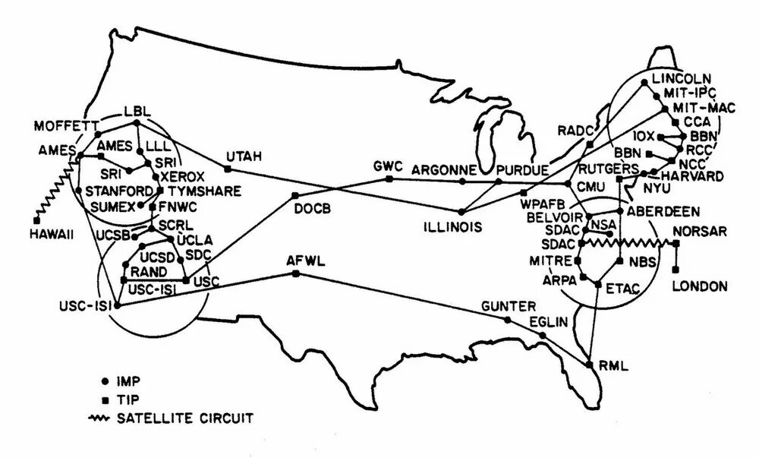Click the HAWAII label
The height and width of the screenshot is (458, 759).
click(x=52, y=235)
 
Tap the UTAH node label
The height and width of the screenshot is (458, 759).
click(x=244, y=156)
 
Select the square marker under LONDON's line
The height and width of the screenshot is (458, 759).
click(x=676, y=268)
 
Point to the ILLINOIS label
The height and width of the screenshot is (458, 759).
click(x=452, y=226)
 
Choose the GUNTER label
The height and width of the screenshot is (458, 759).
click(x=503, y=306)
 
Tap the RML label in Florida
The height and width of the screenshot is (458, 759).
click(x=613, y=366)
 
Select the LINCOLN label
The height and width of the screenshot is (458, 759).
click(x=680, y=79)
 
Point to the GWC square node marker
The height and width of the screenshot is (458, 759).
click(x=389, y=179)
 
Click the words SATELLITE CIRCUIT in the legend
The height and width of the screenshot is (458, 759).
click(x=185, y=417)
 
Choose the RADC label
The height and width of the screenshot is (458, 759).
click(x=573, y=131)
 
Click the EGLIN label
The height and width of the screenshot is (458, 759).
click(x=548, y=321)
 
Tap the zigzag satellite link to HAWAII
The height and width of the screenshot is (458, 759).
click(x=55, y=190)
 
